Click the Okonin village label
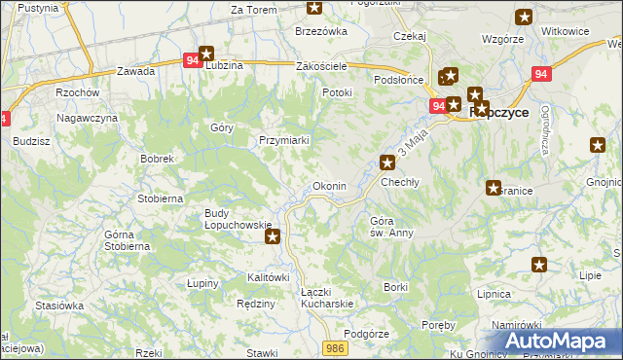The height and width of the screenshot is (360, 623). [328, 185]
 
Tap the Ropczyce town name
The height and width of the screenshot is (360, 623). [499, 112]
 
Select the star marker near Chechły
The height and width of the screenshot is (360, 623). [387, 162]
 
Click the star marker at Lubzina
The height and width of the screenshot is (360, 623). [205, 54]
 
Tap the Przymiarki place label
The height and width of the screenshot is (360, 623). [284, 140]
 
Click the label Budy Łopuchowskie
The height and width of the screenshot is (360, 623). [238, 219]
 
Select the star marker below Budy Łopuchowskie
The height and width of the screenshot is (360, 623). [274, 234]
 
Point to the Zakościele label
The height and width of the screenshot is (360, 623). [321, 66]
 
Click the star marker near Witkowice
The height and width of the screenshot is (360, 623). [525, 17]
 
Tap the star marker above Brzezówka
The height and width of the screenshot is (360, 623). [314, 8]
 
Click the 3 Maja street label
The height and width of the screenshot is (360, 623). [413, 147]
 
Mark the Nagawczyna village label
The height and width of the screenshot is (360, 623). [87, 118]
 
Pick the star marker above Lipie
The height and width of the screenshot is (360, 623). [539, 264]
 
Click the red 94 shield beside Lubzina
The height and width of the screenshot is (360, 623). [192, 60]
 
